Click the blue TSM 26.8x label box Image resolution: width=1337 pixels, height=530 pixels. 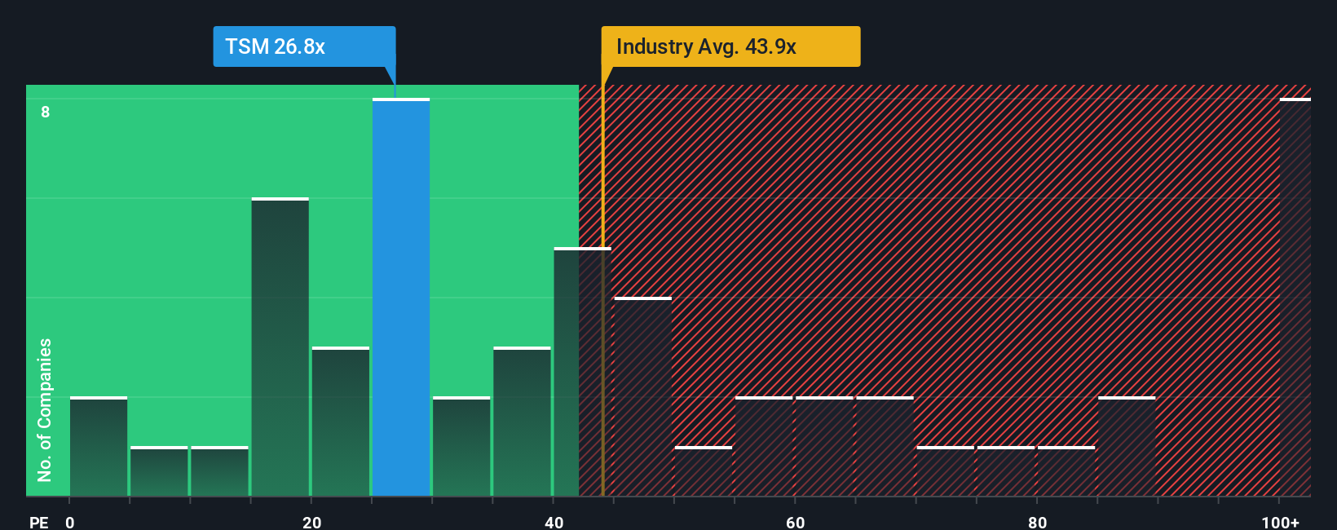pos(304,46)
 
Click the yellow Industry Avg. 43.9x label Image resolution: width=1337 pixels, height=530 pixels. pos(730,46)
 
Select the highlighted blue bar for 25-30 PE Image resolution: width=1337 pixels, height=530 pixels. pos(401,298)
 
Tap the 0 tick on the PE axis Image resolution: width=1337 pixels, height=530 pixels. pos(70,522)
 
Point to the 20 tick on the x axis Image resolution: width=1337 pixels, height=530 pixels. pos(311,522)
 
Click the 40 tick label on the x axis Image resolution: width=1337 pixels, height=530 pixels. pos(554,522)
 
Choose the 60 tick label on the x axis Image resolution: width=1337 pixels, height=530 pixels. pos(795,522)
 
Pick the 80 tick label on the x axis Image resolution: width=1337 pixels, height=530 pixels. pos(1037,522)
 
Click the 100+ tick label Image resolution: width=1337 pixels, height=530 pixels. pos(1280,522)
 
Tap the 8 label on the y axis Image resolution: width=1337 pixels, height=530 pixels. pos(46,112)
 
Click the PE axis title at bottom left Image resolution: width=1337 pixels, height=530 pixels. pos(38,522)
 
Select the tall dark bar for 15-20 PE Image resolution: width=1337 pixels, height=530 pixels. pos(280,347)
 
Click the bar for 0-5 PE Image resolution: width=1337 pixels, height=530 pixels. pos(99,447)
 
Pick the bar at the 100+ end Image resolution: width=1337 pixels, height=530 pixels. pos(1295,298)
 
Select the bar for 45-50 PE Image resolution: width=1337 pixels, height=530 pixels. pos(642,397)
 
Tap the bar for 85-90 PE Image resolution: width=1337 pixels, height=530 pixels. pos(1127,447)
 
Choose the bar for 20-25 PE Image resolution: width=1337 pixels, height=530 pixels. pos(341,422)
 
